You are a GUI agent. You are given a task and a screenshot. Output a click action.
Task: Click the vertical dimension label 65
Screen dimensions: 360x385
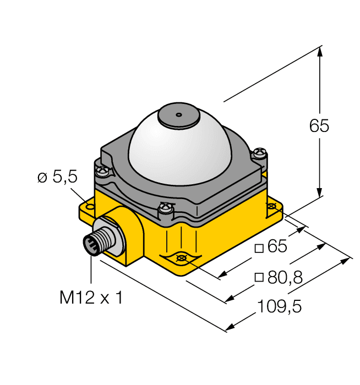point(319,126)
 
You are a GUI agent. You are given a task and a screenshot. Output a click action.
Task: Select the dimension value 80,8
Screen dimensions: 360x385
point(285,277)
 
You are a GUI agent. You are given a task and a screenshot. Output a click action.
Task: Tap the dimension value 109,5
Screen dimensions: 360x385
point(280,306)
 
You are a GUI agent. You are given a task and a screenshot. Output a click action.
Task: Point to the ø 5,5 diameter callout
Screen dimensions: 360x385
point(57,177)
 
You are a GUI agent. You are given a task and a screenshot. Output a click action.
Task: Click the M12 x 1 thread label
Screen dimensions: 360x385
point(91,298)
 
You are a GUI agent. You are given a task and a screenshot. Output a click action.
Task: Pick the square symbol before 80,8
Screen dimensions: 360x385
point(259,277)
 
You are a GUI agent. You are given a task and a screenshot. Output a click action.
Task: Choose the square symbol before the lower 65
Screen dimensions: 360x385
point(259,248)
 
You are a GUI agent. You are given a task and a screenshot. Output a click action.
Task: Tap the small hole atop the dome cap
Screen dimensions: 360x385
point(179,114)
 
